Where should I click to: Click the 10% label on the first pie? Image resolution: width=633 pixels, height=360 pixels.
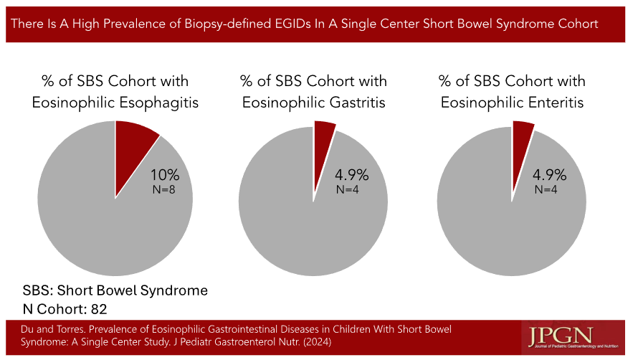165,176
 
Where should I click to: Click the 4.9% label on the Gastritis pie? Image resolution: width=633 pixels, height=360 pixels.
352,176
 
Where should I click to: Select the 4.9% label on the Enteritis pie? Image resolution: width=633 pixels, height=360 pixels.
549,175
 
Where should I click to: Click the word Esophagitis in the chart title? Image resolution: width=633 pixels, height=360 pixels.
157,103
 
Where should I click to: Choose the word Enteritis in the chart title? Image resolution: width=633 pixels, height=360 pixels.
553,103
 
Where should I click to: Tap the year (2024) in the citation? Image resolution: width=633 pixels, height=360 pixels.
315,341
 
